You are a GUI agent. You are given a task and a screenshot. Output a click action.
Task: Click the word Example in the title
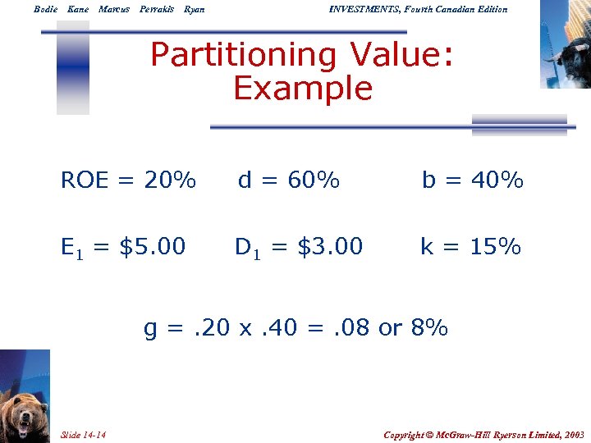(x=302, y=89)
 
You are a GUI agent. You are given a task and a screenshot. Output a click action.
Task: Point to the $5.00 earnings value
(x=153, y=246)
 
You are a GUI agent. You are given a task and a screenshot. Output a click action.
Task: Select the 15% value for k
(x=495, y=246)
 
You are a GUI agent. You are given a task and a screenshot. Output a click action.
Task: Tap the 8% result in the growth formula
(x=429, y=328)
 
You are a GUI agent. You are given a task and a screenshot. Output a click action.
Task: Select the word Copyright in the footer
(x=409, y=434)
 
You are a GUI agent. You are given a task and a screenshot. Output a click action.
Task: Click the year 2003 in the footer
(x=572, y=434)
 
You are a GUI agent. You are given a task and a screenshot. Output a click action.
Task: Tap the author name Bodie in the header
(x=45, y=9)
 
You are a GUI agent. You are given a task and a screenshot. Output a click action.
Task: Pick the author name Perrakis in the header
(x=156, y=9)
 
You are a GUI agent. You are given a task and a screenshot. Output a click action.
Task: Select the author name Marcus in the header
(x=114, y=9)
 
